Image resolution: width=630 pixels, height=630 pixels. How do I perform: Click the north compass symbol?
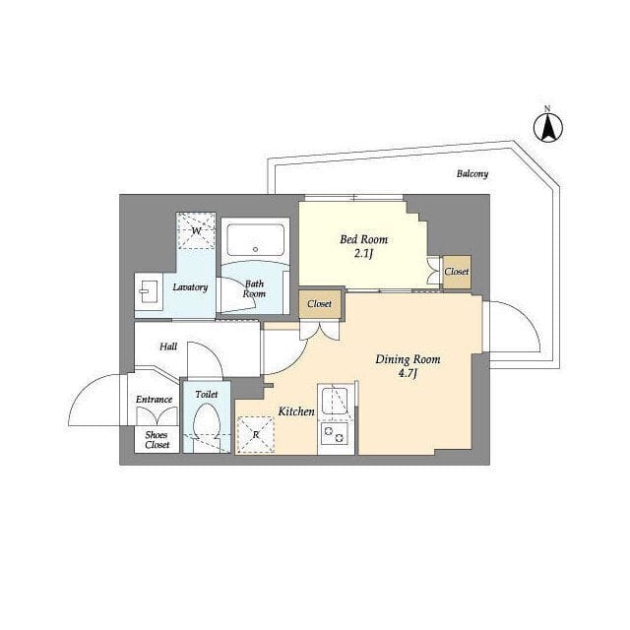(547, 126)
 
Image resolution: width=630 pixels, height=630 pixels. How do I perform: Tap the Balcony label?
(472, 174)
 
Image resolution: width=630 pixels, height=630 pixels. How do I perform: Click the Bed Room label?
(363, 239)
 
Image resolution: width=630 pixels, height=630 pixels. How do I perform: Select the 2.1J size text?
(363, 254)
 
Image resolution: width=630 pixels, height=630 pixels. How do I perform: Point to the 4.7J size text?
(408, 374)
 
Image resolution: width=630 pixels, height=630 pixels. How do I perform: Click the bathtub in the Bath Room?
(255, 241)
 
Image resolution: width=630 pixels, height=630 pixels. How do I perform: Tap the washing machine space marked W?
(196, 231)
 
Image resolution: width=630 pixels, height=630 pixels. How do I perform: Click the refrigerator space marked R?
(256, 435)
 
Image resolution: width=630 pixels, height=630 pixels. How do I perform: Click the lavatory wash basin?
(149, 291)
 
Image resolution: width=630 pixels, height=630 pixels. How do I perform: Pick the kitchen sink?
(335, 401)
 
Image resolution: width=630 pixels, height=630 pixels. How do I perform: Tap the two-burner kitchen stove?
(335, 433)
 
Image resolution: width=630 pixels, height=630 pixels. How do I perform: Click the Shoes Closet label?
(157, 440)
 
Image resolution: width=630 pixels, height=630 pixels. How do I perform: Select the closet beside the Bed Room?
(457, 272)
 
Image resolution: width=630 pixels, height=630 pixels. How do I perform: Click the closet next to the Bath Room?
(319, 304)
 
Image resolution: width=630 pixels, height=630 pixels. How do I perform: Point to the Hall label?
(168, 346)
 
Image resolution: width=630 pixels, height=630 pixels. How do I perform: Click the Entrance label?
(154, 400)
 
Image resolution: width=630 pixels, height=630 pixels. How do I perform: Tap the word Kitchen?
(296, 411)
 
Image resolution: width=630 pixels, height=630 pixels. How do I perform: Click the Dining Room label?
(408, 359)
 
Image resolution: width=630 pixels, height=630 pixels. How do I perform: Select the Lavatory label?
(190, 287)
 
